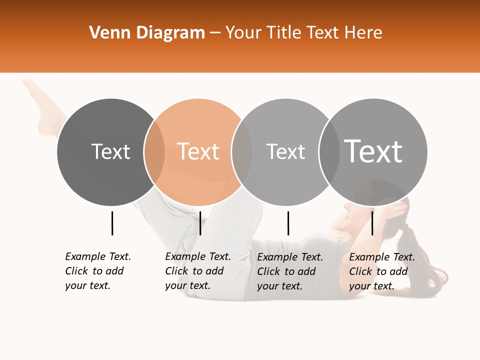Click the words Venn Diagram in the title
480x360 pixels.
147,33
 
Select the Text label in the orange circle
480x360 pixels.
198,151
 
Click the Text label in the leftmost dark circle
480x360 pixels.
111,151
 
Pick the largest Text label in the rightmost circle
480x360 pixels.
373,151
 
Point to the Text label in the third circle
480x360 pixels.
285,151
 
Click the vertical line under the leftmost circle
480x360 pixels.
112,223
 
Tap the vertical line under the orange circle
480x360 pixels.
200,223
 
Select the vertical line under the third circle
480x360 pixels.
288,223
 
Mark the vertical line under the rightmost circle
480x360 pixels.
372,223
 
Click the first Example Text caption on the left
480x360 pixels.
98,271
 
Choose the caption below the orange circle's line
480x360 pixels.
198,271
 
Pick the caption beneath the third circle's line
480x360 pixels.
290,271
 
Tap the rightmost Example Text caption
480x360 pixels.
382,271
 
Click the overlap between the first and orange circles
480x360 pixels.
154,151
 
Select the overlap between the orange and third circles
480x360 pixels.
242,151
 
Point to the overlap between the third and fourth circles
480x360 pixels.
329,151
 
